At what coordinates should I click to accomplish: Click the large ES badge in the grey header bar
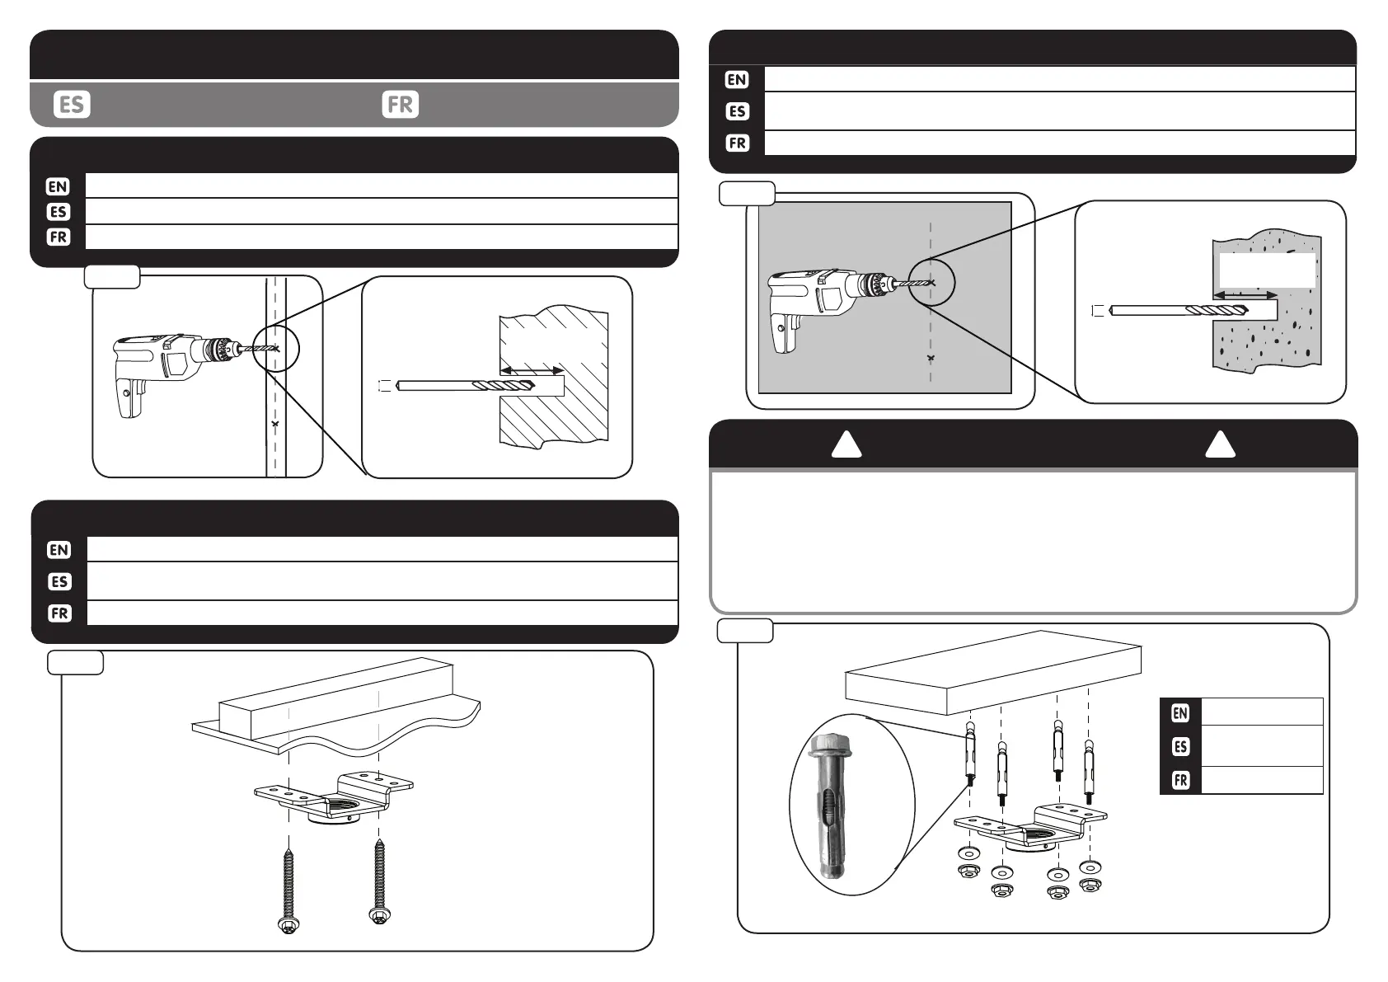pyautogui.click(x=72, y=105)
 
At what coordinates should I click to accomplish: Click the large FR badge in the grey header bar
pyautogui.click(x=401, y=105)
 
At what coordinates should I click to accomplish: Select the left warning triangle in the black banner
pyautogui.click(x=846, y=446)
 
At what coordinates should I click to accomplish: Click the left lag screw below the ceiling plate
pyautogui.click(x=288, y=890)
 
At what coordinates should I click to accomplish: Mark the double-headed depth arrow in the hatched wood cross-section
pyautogui.click(x=532, y=370)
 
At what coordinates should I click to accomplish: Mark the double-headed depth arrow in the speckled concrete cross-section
pyautogui.click(x=1245, y=294)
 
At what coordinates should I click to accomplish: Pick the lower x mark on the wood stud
pyautogui.click(x=275, y=424)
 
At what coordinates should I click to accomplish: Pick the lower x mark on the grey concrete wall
pyautogui.click(x=931, y=358)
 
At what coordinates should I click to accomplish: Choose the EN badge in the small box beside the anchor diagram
pyautogui.click(x=1180, y=712)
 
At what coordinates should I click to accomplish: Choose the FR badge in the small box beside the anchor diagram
pyautogui.click(x=1180, y=780)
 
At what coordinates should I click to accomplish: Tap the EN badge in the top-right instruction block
pyautogui.click(x=737, y=80)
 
